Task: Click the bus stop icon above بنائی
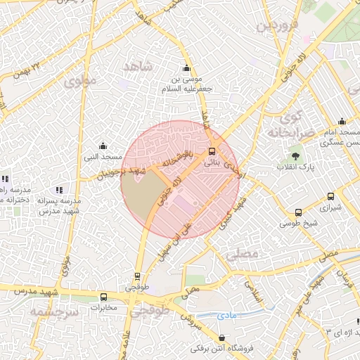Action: [212, 150]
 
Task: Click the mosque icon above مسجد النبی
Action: [103, 146]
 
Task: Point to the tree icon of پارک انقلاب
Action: [295, 156]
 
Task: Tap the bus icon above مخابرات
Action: [104, 297]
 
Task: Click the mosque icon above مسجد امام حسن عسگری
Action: [342, 121]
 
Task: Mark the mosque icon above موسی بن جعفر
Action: [186, 68]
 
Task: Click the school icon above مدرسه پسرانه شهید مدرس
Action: [59, 189]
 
